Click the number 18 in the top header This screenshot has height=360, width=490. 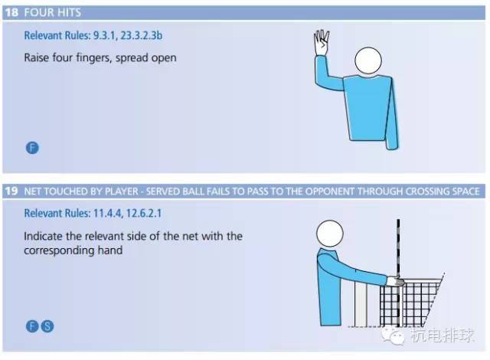(12, 12)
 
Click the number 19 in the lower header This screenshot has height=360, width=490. (11, 191)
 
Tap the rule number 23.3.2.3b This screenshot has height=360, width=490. (141, 35)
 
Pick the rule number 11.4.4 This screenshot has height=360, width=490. (107, 214)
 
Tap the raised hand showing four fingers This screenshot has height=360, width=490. (322, 43)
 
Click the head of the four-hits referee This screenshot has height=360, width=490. (368, 61)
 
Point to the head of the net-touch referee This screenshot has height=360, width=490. (330, 234)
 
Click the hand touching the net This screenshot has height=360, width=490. (395, 281)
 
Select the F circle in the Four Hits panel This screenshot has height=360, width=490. (32, 148)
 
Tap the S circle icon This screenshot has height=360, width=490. (47, 326)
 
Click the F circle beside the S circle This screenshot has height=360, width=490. (32, 326)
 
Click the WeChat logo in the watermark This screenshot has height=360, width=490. (393, 335)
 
